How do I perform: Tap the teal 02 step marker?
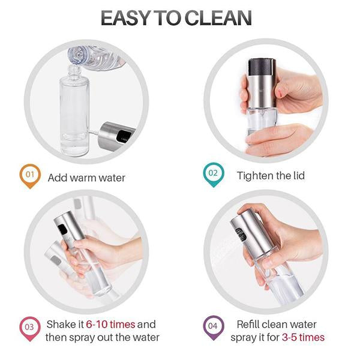[x=212, y=175]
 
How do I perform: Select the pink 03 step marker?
[x=30, y=329]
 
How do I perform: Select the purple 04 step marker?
[x=212, y=329]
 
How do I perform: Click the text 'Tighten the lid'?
[x=271, y=175]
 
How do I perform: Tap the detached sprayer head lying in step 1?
[x=114, y=134]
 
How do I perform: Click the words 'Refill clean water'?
[x=277, y=324]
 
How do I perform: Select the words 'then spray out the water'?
[x=103, y=337]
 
